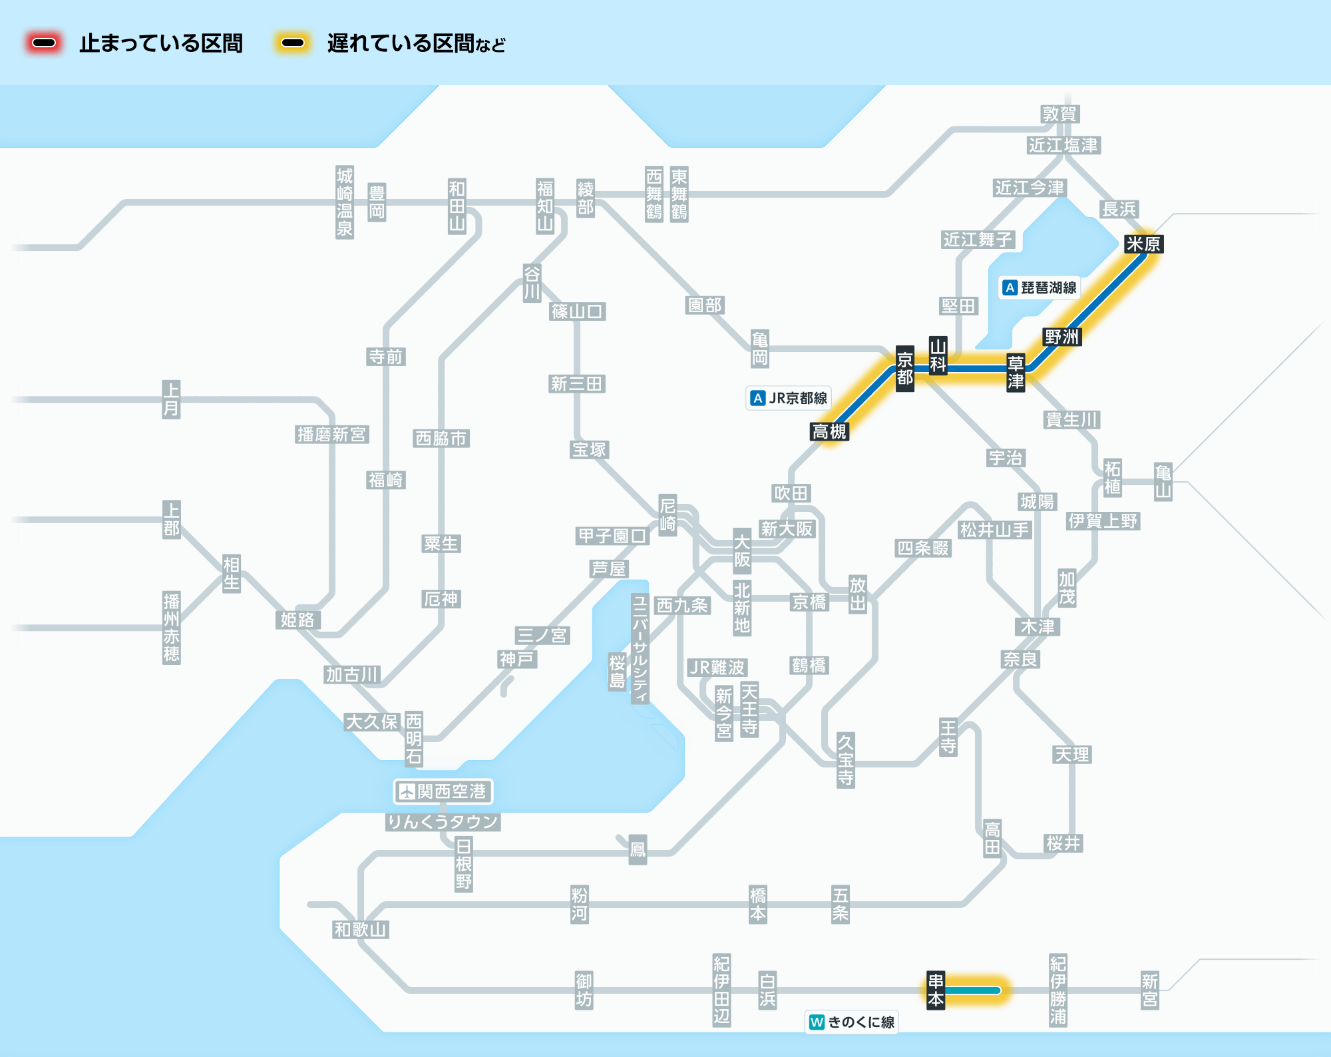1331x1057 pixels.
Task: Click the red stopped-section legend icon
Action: [x=44, y=43]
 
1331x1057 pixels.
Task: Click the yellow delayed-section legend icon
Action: [x=293, y=43]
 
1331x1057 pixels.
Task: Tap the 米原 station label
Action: [x=1143, y=244]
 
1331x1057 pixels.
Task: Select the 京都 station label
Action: [x=904, y=369]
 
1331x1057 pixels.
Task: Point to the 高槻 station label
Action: [x=829, y=432]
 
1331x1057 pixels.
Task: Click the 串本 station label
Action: [x=936, y=990]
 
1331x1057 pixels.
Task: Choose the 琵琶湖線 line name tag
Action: [x=1040, y=288]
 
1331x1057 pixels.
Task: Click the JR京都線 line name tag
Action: [x=789, y=398]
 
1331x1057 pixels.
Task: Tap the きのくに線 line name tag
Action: [x=852, y=1022]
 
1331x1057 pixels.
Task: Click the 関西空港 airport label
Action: [x=443, y=791]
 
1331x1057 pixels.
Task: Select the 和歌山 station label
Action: [x=360, y=929]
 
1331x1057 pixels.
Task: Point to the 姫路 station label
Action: [x=297, y=620]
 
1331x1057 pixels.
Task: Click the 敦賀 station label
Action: [x=1059, y=114]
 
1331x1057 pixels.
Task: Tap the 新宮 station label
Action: [x=1149, y=990]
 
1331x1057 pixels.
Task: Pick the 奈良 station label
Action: [x=1020, y=659]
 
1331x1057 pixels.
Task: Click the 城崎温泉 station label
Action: [x=344, y=202]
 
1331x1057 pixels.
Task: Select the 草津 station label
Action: [x=1015, y=373]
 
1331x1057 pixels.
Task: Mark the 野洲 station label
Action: [x=1061, y=337]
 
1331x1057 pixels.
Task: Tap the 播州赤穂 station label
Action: [x=171, y=628]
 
